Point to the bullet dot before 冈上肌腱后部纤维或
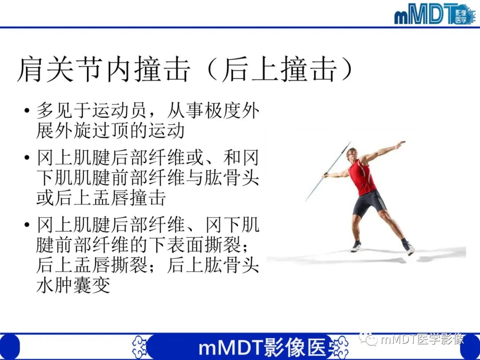28,158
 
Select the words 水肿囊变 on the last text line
73,285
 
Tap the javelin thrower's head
352,152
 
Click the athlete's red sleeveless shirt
362,176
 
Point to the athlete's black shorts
370,202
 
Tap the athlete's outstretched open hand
400,144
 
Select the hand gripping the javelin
325,175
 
